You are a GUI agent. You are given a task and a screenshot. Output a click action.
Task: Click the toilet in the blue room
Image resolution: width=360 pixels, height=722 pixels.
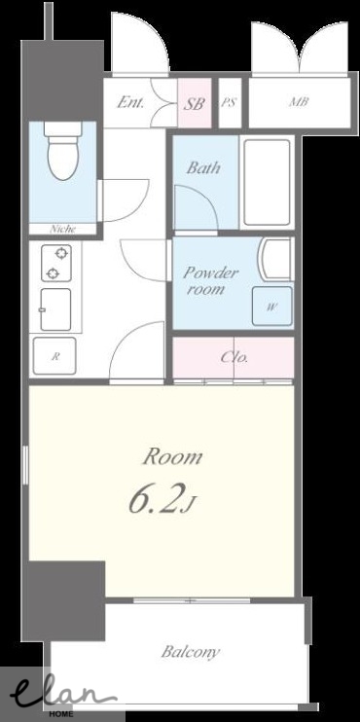coord(63,151)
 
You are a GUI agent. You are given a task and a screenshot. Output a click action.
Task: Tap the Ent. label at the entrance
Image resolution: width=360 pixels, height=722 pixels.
coord(130,102)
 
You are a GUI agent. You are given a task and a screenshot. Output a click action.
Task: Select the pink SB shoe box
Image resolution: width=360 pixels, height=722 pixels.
coord(195,103)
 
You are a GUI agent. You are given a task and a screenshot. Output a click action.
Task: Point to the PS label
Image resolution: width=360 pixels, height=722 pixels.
coord(229,102)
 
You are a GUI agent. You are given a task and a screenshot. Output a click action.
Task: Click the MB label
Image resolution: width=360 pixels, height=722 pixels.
coord(299,102)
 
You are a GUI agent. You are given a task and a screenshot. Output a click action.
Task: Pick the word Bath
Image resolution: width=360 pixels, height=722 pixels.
coord(203,167)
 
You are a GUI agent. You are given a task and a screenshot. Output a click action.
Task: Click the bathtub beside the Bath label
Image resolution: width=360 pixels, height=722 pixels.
coord(267,182)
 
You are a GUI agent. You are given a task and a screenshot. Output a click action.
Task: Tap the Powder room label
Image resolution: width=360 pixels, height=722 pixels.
coord(210,280)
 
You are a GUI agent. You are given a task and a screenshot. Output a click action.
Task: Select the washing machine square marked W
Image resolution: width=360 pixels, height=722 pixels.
coord(271,307)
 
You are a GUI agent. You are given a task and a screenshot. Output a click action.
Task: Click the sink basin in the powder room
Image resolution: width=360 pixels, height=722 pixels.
coord(275,259)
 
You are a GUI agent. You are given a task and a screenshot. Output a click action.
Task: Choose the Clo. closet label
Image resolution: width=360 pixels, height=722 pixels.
coord(234,357)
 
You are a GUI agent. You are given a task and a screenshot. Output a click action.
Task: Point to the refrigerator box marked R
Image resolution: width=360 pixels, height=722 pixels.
coord(54,355)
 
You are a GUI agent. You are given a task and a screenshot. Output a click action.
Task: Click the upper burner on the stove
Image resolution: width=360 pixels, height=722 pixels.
coord(60,253)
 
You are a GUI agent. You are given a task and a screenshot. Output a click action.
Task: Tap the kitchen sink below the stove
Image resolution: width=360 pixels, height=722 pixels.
coord(55,309)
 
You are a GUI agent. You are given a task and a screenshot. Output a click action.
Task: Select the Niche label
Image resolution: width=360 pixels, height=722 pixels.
coord(62,229)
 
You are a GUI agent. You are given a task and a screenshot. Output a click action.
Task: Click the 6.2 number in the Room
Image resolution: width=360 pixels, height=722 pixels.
coord(154,498)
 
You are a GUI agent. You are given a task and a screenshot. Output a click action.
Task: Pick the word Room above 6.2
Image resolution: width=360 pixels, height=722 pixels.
coord(172,457)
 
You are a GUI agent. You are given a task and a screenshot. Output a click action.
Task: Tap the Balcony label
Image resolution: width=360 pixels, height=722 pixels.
coord(191,652)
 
